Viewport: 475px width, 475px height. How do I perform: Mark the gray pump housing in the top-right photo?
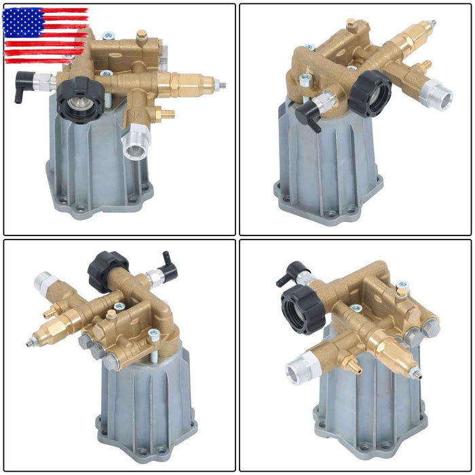click(326, 166)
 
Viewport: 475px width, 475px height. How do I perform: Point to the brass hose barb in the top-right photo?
click(426, 66)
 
